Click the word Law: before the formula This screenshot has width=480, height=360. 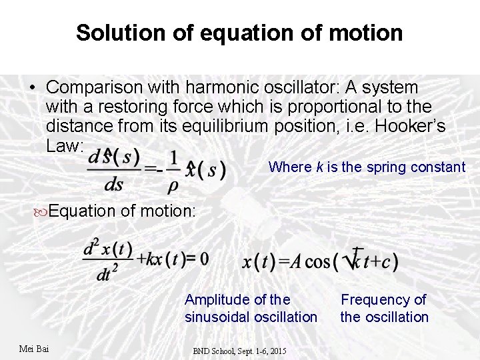point(65,145)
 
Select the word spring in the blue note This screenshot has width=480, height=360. point(389,167)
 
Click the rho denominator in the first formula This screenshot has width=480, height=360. point(175,183)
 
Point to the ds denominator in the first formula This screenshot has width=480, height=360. point(113,185)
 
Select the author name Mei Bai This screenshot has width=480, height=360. point(35,348)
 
